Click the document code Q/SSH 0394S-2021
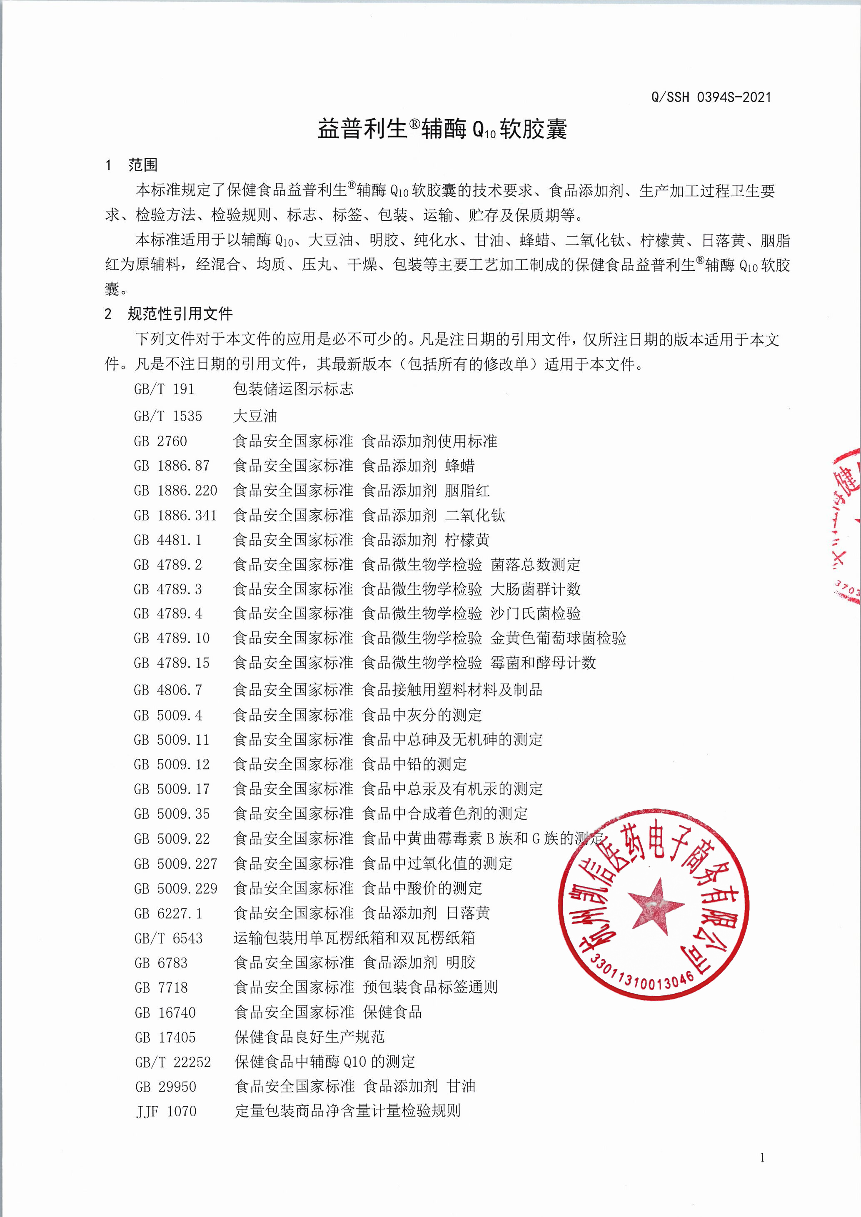click(711, 97)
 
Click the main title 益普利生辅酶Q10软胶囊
click(442, 129)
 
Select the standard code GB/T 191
click(165, 389)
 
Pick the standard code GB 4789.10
click(172, 638)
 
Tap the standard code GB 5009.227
click(175, 863)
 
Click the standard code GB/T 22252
click(173, 1062)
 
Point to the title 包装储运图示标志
click(293, 389)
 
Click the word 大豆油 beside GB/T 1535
click(255, 416)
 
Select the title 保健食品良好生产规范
click(309, 1037)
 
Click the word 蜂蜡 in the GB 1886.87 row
click(460, 466)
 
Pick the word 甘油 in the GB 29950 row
click(461, 1086)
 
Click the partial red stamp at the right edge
click(847, 525)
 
